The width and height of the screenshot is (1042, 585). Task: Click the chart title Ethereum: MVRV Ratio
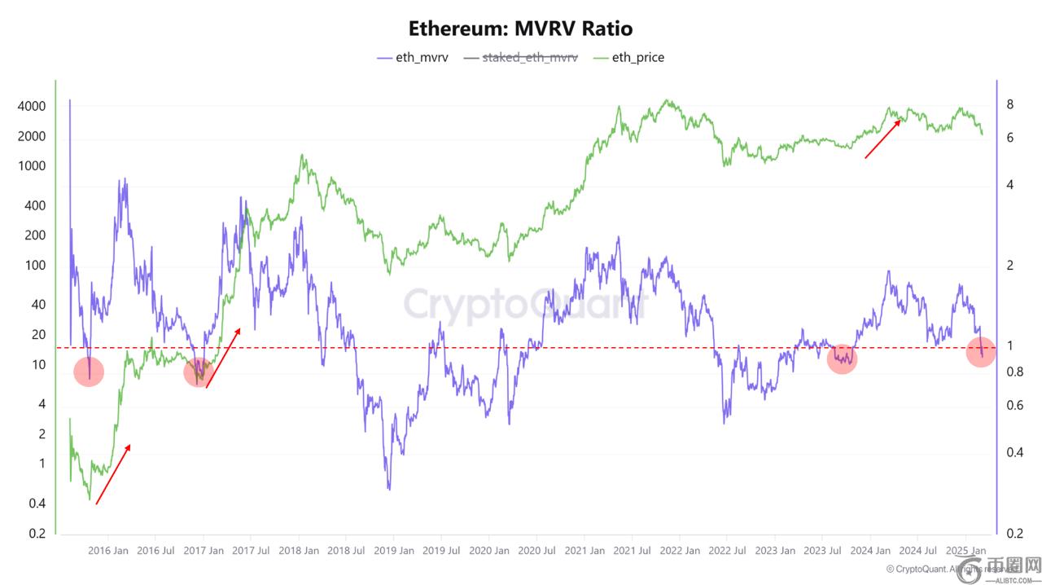point(520,29)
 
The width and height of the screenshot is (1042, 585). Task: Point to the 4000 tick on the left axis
point(31,107)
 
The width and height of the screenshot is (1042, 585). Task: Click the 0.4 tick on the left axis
point(37,504)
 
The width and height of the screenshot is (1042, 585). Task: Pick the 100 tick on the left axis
point(34,266)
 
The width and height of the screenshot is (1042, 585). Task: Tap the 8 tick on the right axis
point(1009,104)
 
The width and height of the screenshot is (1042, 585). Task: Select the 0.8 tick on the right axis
point(1013,372)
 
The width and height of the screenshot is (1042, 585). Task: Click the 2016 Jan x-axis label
point(108,551)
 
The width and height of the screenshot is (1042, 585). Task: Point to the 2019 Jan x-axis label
point(394,551)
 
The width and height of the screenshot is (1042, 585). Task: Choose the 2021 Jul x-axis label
point(632,551)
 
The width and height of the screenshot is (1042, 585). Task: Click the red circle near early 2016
point(89,372)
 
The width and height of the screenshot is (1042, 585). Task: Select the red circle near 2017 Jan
point(199,372)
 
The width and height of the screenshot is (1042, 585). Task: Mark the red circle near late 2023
point(842,358)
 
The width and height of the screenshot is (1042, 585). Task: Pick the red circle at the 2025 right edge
point(980,352)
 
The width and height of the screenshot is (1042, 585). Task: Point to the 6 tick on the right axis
point(1009,138)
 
